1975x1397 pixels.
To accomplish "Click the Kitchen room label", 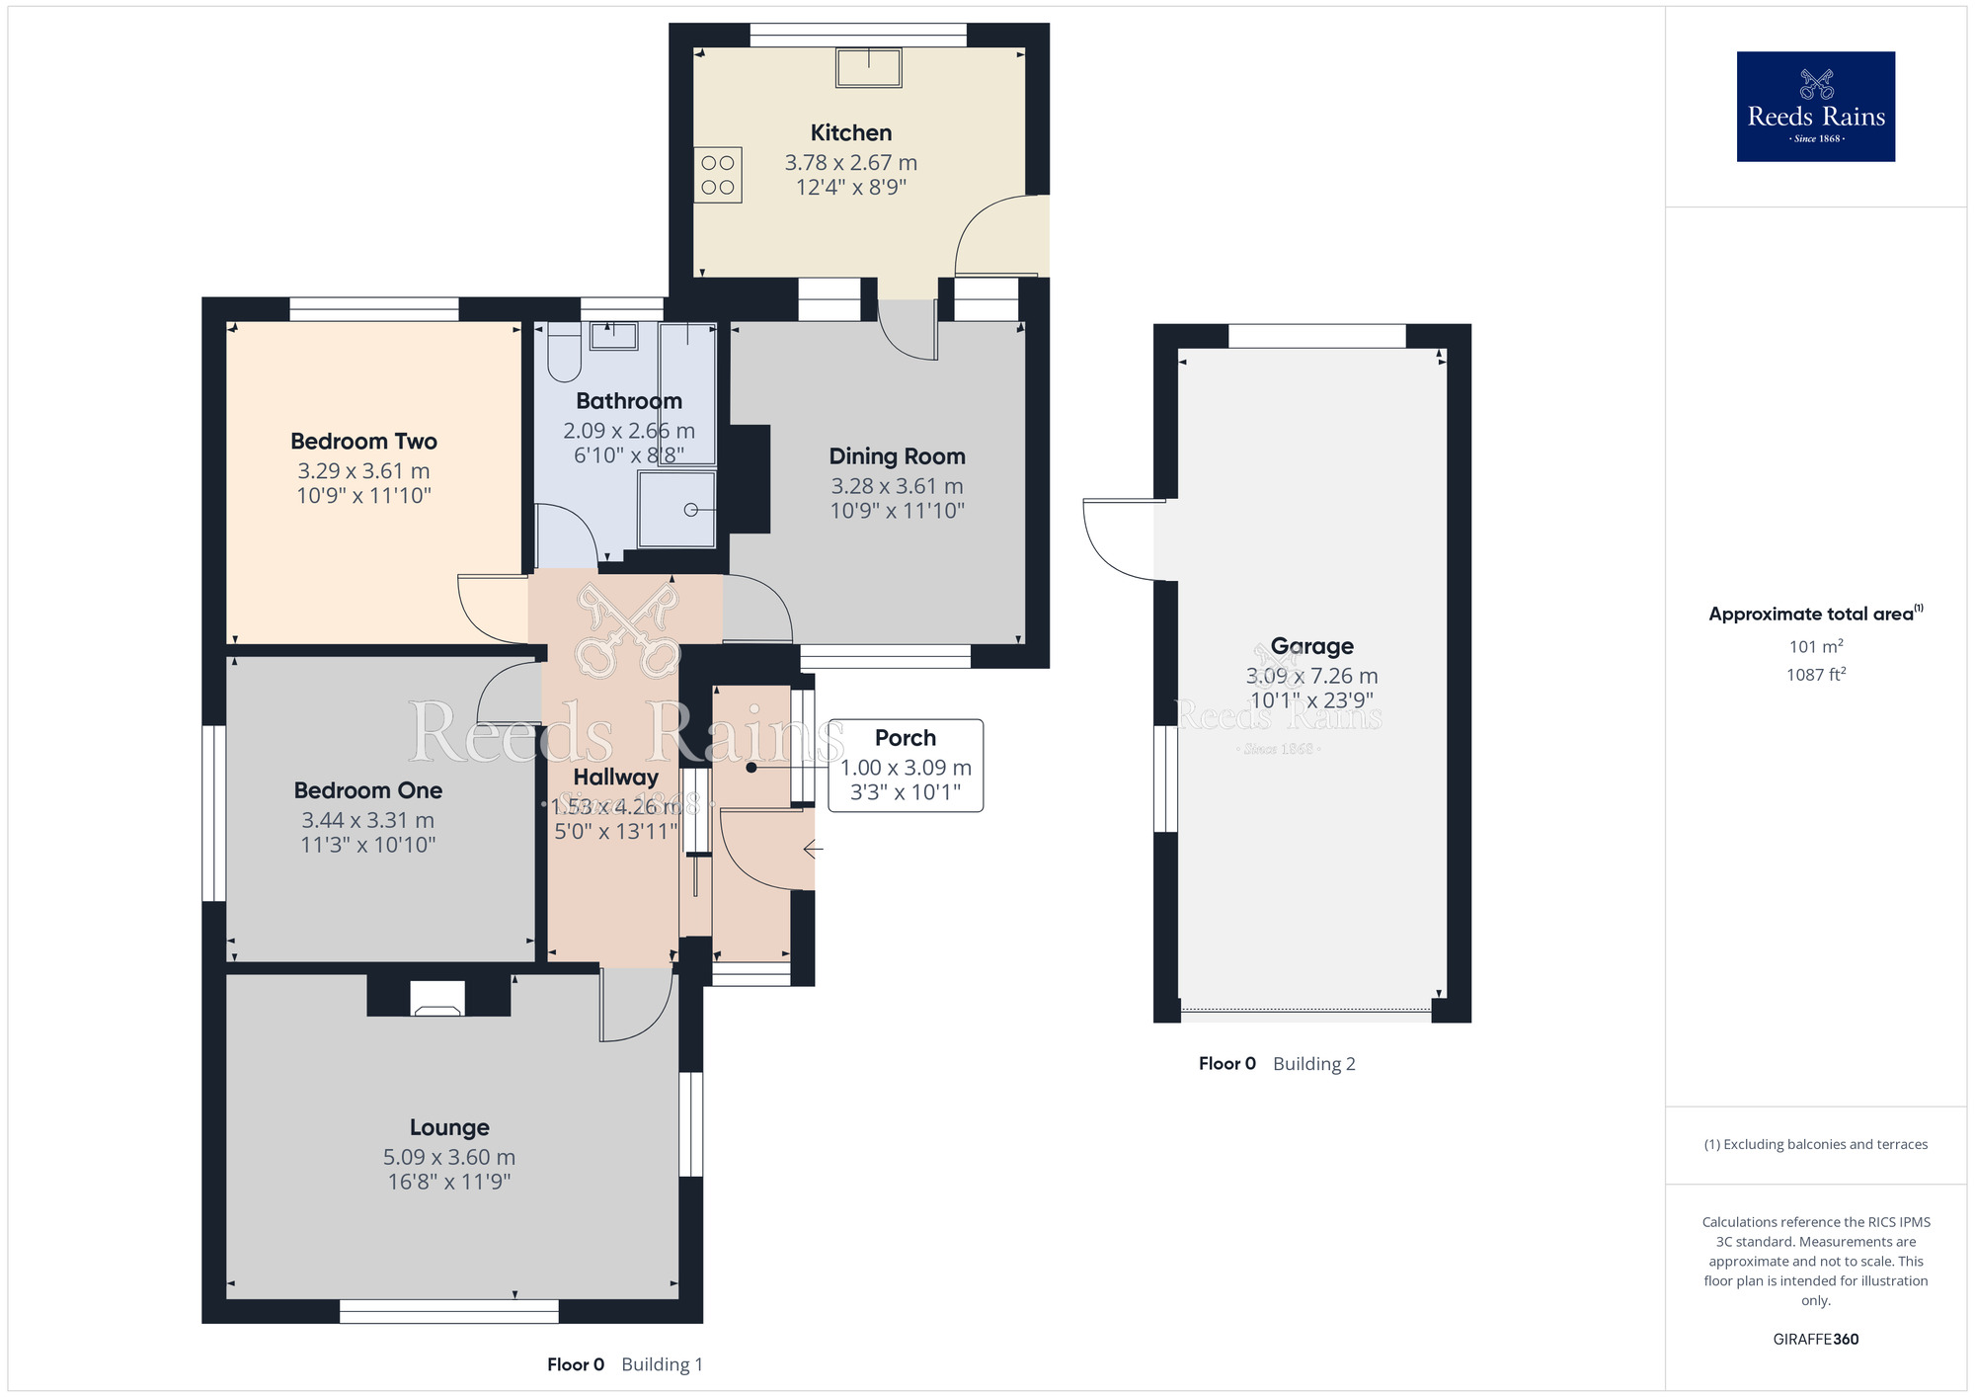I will coord(850,132).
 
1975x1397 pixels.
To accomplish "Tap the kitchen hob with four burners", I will coord(718,175).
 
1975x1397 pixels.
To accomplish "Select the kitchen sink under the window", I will coord(868,68).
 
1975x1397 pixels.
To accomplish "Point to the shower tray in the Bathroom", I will coord(677,509).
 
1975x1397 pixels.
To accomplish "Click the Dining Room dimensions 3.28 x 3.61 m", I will coord(897,486).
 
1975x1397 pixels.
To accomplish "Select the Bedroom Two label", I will coord(363,442).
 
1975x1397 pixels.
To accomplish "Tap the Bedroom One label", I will coord(367,790).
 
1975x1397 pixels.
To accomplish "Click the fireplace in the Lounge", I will coord(437,998).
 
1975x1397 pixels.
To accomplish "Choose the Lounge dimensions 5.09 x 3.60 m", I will coord(449,1157).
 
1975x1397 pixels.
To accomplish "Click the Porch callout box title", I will coord(905,738).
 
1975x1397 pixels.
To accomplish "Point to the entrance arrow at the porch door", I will coord(813,849).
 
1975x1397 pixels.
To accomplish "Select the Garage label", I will coord(1311,646).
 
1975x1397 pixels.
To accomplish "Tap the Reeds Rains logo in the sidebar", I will coord(1815,107).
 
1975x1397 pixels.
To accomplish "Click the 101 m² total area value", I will coord(1815,646).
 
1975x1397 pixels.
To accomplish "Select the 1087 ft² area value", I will coord(1815,675).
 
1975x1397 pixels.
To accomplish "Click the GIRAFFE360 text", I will coord(1815,1340).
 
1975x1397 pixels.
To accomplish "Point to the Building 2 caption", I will coord(1313,1064).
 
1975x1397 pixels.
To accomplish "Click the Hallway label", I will coord(615,778).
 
